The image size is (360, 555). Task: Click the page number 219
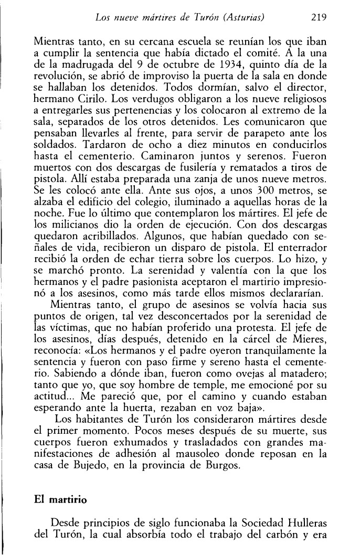tap(319, 17)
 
